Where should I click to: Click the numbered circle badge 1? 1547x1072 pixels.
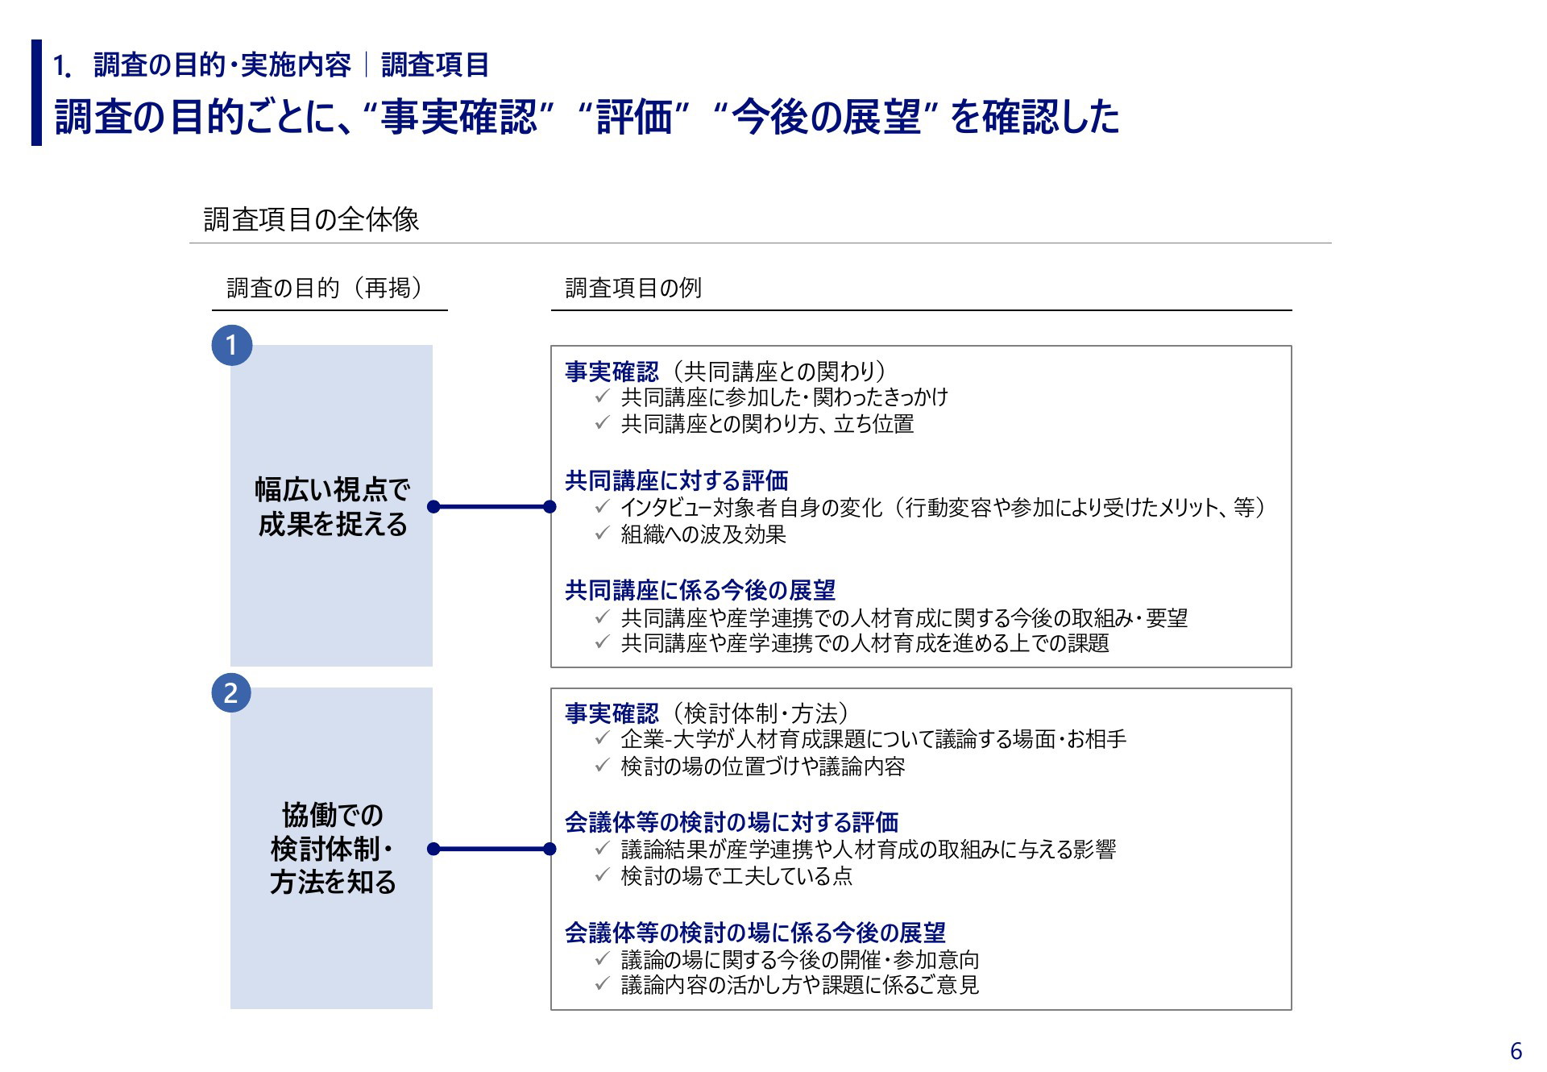coord(231,345)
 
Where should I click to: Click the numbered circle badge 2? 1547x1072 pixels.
coord(231,692)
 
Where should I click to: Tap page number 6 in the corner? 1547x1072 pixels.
coord(1516,1051)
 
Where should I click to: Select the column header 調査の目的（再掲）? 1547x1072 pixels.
coord(325,288)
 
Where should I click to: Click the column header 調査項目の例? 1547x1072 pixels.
coord(633,288)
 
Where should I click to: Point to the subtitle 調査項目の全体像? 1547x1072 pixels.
coord(311,219)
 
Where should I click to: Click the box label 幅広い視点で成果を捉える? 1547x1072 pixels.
coord(332,506)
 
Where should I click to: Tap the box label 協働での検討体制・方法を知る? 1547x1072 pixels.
coord(332,848)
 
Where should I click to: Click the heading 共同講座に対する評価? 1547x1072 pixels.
coord(676,480)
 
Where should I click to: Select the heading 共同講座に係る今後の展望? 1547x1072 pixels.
coord(699,590)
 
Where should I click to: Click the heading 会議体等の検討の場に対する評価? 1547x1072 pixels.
coord(731,822)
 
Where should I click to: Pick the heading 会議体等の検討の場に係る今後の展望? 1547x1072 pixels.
coord(755,933)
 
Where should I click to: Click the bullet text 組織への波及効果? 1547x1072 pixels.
coord(703,534)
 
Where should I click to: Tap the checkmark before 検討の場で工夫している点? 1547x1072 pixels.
coord(602,875)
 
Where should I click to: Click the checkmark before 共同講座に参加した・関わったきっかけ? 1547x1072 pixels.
coord(602,397)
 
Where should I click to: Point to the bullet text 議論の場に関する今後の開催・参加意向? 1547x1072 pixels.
coord(799,959)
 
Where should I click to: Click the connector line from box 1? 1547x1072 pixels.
coord(491,507)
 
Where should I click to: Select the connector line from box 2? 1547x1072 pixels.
coord(491,849)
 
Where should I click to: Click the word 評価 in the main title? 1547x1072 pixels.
coord(634,117)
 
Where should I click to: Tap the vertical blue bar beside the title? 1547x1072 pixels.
coord(36,93)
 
